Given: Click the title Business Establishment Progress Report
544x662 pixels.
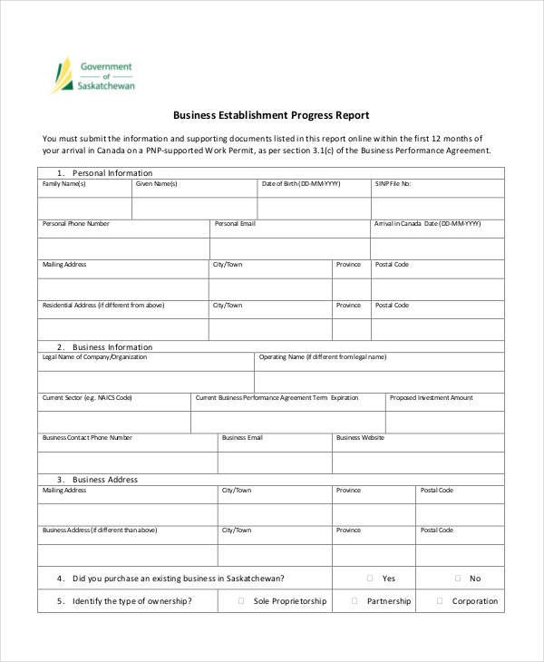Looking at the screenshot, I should [271, 115].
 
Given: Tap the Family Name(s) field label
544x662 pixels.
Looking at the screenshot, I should [64, 183].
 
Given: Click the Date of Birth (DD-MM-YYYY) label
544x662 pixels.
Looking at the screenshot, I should [301, 183].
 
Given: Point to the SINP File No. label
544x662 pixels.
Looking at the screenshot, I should [393, 183].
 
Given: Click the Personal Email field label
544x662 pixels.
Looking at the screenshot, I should [235, 223].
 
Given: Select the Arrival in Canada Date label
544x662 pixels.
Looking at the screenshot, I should [427, 223].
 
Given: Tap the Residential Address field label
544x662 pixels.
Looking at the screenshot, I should [103, 306].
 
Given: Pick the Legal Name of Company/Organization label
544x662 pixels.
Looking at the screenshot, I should [94, 357].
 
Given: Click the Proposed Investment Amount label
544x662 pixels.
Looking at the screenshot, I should [431, 397].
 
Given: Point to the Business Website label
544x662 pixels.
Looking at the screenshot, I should [360, 437].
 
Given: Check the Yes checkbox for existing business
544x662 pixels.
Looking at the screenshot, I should [370, 578].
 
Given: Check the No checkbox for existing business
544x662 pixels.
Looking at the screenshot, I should [457, 578].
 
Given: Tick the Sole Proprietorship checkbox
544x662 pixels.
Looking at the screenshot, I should [241, 600].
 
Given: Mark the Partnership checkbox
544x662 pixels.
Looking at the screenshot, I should [354, 600].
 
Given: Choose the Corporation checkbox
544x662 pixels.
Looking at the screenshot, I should [440, 600].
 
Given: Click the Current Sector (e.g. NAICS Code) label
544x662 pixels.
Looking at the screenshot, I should [87, 397].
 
